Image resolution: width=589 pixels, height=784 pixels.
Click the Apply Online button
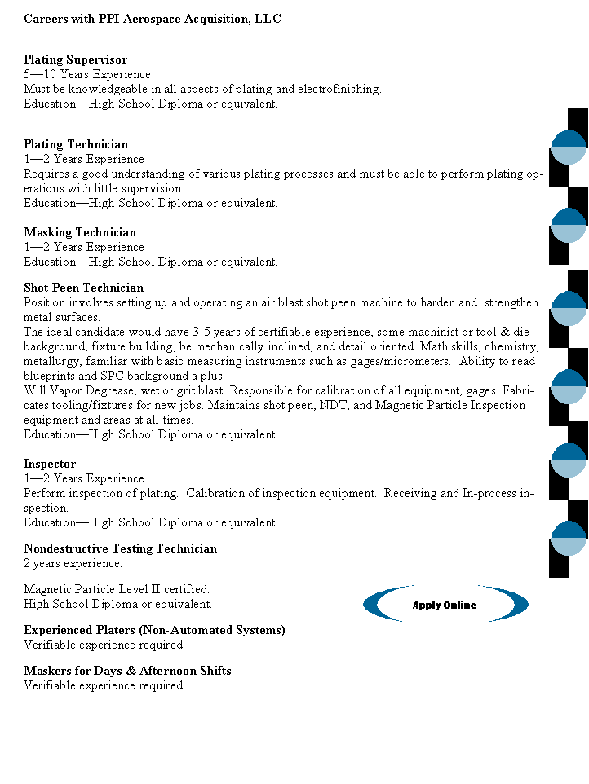[x=445, y=605]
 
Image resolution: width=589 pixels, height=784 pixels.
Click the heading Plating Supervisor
[x=76, y=59]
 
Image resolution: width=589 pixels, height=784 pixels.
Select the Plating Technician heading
[x=76, y=144]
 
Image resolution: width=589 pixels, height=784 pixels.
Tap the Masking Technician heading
[x=80, y=232]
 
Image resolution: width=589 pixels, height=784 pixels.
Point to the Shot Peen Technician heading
[x=83, y=288]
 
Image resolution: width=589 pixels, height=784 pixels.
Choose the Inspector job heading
[x=50, y=464]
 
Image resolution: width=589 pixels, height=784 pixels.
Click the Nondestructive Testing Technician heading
[x=120, y=548]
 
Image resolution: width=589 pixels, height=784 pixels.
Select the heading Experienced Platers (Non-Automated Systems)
[x=154, y=630]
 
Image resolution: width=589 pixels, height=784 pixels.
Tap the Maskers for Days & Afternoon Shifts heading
[x=127, y=671]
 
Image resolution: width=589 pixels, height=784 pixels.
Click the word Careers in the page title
[x=46, y=19]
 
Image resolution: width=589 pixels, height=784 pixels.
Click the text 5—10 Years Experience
[x=87, y=74]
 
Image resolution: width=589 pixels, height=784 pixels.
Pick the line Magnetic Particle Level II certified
[x=117, y=589]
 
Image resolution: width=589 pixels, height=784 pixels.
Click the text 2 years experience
[x=73, y=563]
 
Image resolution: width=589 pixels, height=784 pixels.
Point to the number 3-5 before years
[x=201, y=332]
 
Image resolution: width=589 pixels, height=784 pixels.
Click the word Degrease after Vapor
[x=110, y=390]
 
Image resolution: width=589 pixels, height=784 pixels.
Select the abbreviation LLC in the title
[x=268, y=19]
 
